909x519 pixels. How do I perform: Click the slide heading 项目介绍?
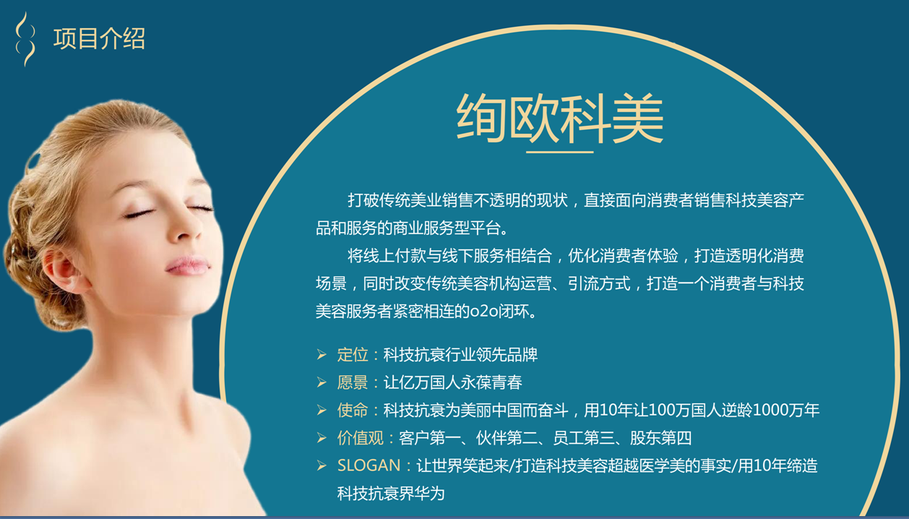[100, 39]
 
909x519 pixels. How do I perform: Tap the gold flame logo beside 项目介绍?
[25, 39]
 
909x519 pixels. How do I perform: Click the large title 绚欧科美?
[560, 119]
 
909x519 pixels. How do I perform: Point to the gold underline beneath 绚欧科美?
[560, 152]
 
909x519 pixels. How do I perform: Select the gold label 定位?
[353, 354]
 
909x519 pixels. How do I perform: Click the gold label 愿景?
[353, 382]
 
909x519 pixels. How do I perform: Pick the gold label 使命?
[353, 410]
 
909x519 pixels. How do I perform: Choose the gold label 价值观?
[361, 438]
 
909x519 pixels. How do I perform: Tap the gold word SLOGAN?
[369, 466]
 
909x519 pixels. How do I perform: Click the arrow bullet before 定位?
[322, 355]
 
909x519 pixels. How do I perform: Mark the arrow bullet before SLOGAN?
[322, 466]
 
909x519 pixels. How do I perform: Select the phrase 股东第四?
[660, 438]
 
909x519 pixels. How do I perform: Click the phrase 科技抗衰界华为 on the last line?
[391, 494]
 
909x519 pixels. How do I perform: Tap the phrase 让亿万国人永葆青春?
[453, 382]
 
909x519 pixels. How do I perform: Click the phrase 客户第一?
[430, 438]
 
